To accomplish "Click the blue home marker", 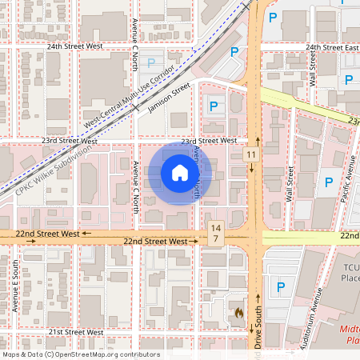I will [x=180, y=174].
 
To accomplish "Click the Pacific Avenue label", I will [x=350, y=180].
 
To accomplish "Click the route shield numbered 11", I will [x=251, y=154].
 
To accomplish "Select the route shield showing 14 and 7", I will [x=214, y=234].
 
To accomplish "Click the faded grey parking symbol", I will [x=150, y=62].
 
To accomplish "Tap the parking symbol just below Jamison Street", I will [x=214, y=105].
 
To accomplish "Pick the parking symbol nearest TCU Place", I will [x=281, y=287].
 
